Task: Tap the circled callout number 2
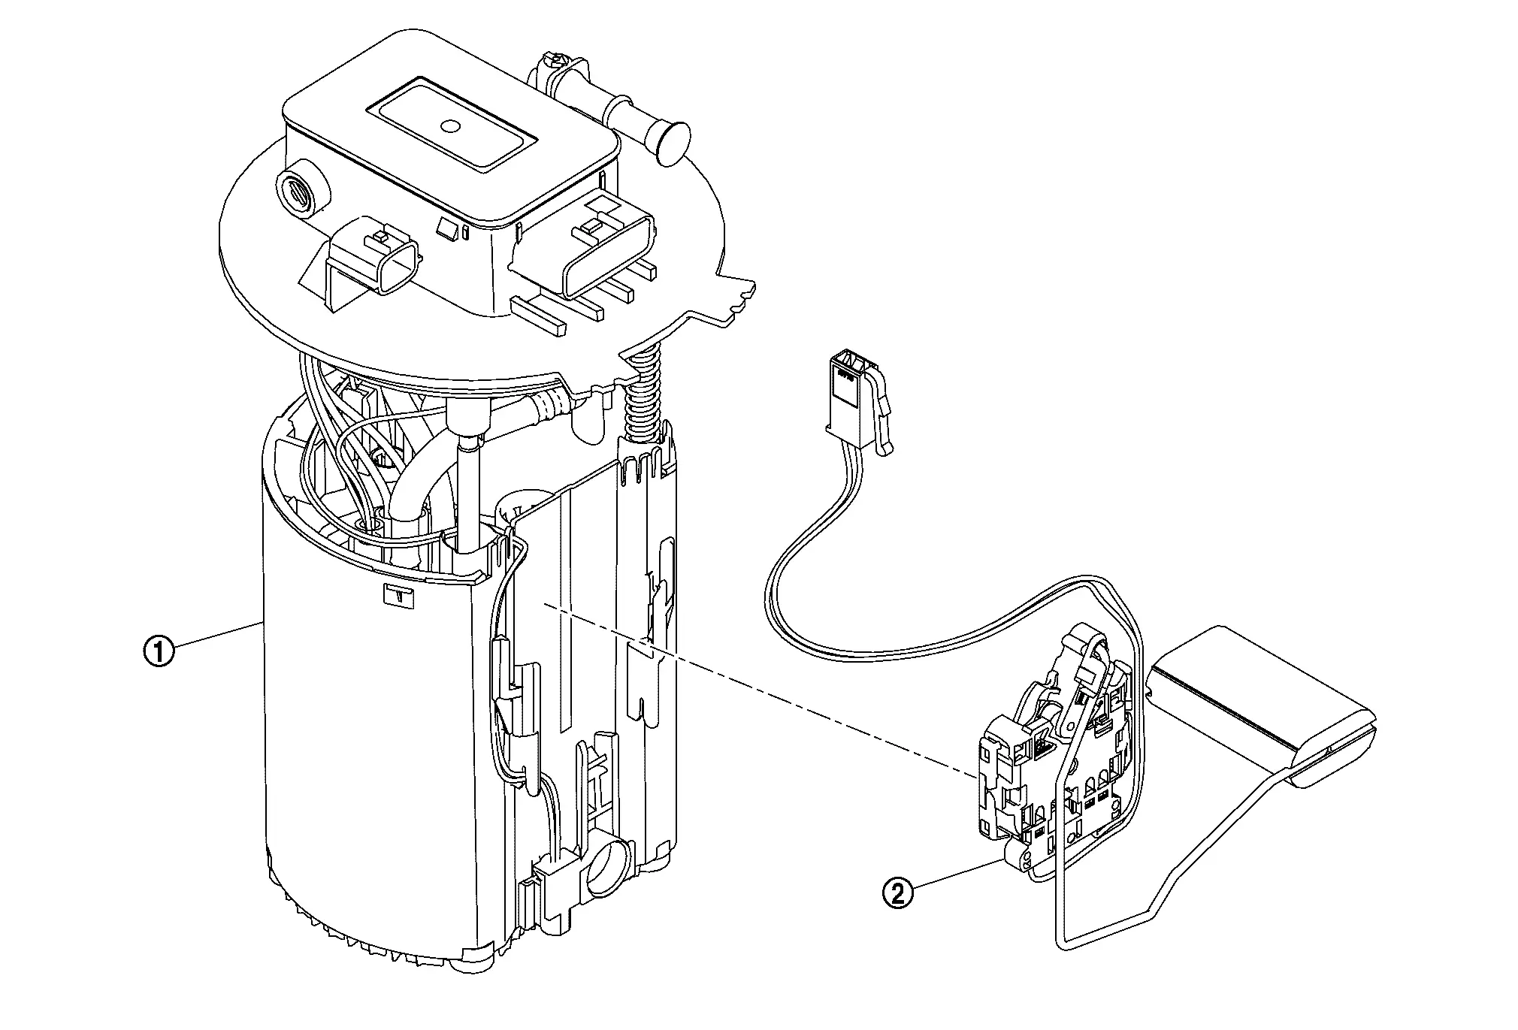(x=898, y=894)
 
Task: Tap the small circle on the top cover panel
(x=451, y=126)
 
